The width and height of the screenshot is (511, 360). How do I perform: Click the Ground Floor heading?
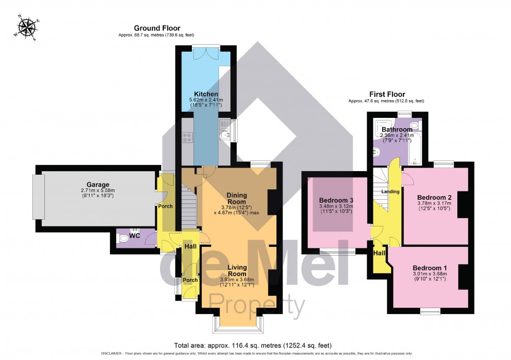tap(150, 28)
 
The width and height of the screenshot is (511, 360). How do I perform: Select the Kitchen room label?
tap(206, 94)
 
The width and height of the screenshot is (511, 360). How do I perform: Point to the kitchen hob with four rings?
tap(188, 137)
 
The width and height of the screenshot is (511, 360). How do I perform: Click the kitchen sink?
tap(225, 135)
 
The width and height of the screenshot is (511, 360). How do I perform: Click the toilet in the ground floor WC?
tap(124, 239)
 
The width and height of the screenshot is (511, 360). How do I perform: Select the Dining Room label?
tap(236, 199)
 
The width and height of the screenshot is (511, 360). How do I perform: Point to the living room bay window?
tap(237, 325)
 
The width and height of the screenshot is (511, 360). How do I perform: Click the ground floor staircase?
tap(190, 207)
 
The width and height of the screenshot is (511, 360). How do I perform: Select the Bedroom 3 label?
tap(336, 200)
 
